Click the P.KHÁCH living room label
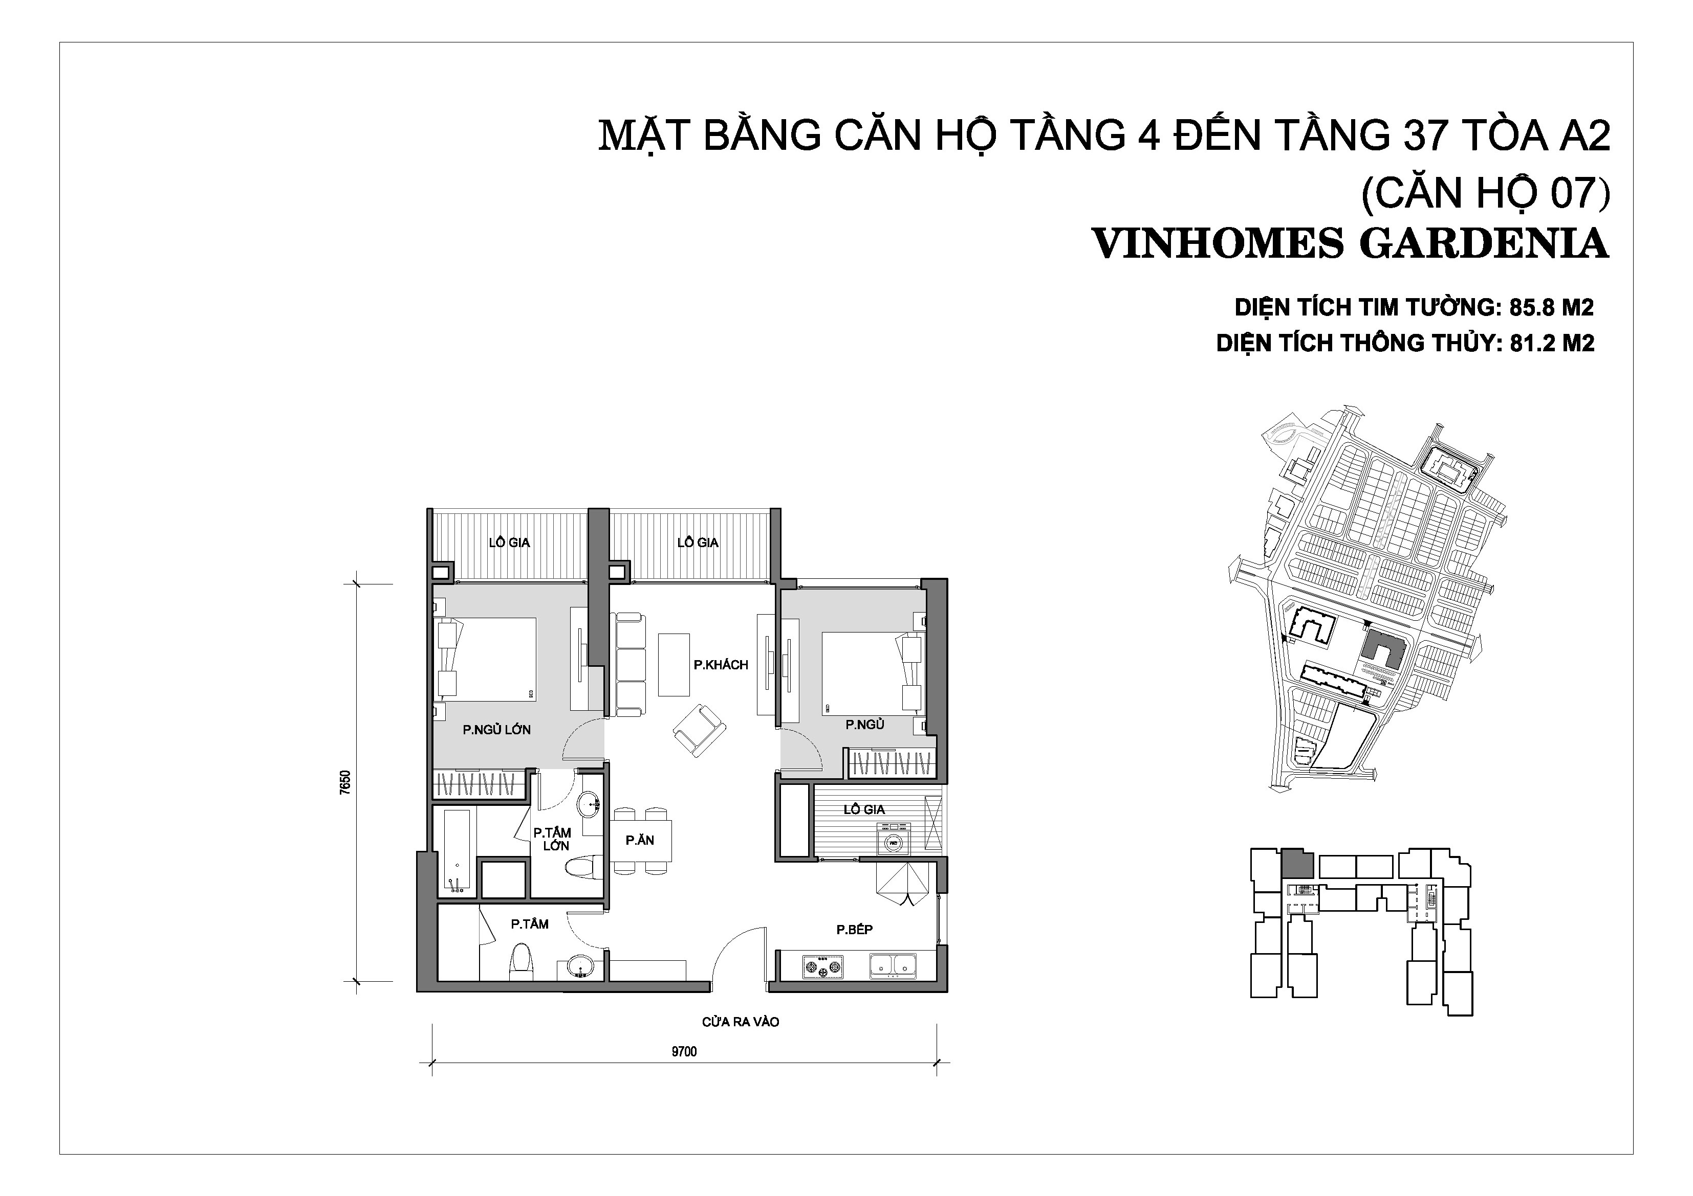721,665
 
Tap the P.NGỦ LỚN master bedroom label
496,730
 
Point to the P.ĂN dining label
639,840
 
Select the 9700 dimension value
684,1052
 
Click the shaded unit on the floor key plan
1297,863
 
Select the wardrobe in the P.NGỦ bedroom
892,763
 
